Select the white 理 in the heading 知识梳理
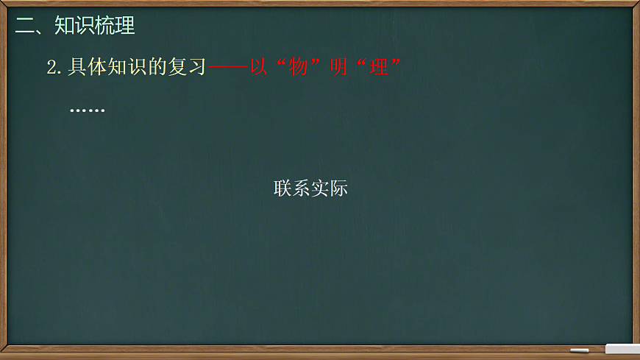coord(125,27)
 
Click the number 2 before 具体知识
coord(51,68)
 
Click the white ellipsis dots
coord(87,110)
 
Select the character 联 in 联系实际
coord(283,188)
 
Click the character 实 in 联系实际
coord(320,188)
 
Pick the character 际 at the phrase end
coord(338,188)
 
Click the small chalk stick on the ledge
coord(580,350)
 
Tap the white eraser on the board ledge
coord(622,348)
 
